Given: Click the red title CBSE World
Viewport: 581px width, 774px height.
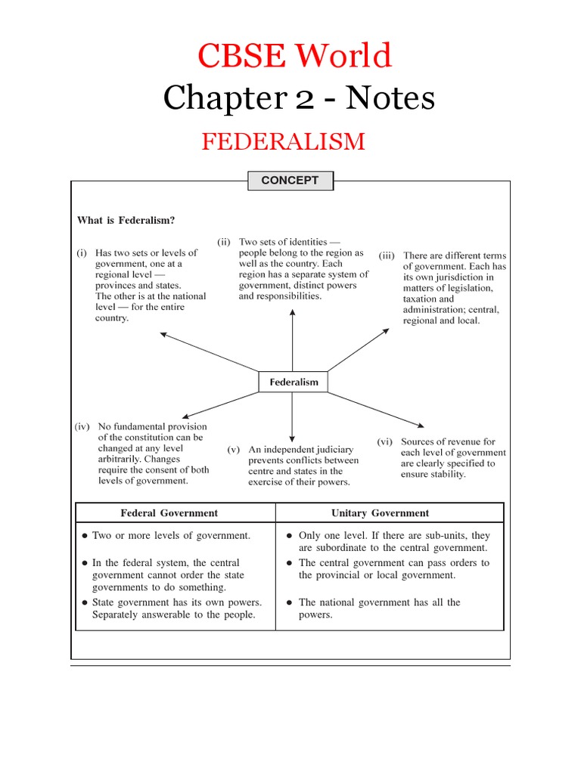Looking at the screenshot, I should coord(294,56).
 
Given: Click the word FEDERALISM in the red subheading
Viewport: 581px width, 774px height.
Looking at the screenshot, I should coord(283,141).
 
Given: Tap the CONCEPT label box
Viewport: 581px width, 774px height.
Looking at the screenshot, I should coord(290,181).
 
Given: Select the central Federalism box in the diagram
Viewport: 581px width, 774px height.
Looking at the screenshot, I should coord(294,382).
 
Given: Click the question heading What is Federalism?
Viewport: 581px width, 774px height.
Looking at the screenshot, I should coord(126,220).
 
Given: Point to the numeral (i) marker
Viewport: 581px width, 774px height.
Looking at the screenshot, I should coord(82,253).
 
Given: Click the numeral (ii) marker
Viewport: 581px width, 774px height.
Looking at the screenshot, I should coord(224,242).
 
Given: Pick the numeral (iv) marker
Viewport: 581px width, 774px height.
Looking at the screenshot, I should coord(82,426).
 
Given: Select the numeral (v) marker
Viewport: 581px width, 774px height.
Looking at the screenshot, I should coord(234,449).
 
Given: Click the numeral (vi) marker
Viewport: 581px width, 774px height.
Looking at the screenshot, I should coord(385,441).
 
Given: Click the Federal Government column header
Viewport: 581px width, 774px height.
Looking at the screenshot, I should coord(169,513).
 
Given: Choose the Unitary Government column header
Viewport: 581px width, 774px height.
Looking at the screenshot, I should coord(380,513).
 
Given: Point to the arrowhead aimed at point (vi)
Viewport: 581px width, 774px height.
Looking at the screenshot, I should coord(420,426).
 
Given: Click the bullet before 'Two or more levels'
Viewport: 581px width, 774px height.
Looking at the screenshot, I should coord(85,536).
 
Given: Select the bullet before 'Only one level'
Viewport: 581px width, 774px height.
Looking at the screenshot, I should coord(290,536).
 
